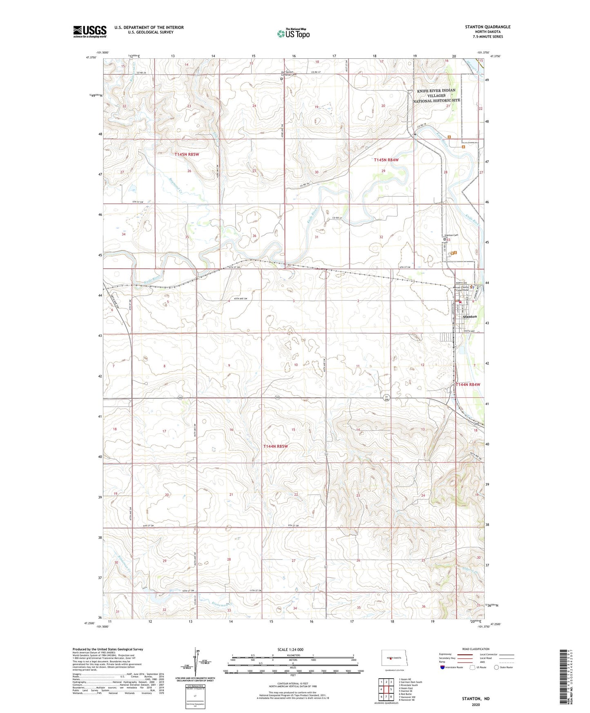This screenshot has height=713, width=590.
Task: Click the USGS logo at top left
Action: point(89,31)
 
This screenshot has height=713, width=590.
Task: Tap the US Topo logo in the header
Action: point(293,33)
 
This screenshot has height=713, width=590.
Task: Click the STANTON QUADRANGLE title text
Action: point(488,27)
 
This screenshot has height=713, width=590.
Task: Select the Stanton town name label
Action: point(470,316)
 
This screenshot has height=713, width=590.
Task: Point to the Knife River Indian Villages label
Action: point(436,96)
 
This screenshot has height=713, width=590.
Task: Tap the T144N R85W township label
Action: point(276,446)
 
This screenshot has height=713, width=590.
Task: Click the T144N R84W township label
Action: point(468,385)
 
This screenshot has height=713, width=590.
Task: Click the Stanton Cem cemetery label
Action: point(451,235)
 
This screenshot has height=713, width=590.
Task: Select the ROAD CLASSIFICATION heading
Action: point(476,649)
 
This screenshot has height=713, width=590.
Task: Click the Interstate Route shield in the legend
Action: point(443,668)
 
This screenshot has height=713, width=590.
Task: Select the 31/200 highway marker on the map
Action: point(386,398)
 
